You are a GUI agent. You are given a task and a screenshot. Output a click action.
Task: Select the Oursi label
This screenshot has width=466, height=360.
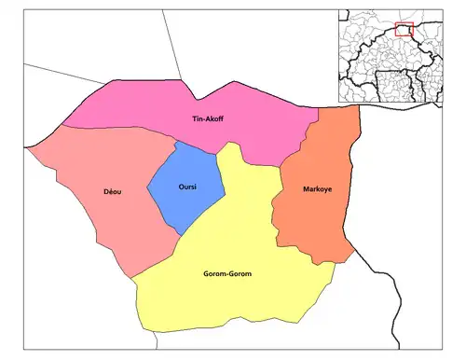(x=186, y=185)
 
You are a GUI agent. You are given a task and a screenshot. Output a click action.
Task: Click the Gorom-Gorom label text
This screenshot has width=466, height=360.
(x=227, y=273)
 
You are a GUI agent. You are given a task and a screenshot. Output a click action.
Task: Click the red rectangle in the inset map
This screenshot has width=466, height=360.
(x=404, y=29)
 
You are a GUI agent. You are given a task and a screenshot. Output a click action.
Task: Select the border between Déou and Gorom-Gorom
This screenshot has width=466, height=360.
(x=158, y=256)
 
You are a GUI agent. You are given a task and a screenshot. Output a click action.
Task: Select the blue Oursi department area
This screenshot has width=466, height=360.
(x=191, y=201)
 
